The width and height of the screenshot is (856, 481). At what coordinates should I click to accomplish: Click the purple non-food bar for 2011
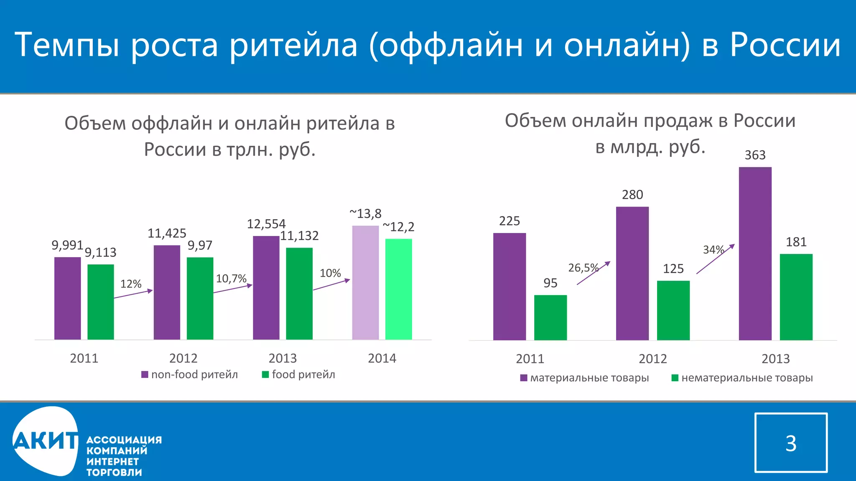[x=67, y=298]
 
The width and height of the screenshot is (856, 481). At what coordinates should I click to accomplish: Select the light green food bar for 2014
[x=398, y=289]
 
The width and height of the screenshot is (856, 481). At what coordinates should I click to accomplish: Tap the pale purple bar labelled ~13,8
[x=365, y=283]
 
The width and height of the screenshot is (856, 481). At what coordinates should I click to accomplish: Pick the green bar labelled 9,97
[x=200, y=298]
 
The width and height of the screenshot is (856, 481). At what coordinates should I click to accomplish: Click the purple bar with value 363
[x=755, y=253]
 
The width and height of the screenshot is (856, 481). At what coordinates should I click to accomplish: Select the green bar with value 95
[x=550, y=317]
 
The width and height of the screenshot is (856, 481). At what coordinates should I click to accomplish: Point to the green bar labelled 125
[x=673, y=310]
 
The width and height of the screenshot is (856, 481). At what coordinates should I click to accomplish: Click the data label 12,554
[x=266, y=224]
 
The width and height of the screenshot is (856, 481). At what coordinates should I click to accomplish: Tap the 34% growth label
[x=713, y=250]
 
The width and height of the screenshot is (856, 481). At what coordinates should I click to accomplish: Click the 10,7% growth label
[x=231, y=278]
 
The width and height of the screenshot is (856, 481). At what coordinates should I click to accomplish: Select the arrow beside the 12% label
[x=133, y=294]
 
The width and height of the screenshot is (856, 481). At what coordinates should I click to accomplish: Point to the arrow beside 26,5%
[x=594, y=273]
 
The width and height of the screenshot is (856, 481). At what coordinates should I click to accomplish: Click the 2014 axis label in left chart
[x=382, y=358]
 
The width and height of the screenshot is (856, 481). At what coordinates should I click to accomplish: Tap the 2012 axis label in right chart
[x=652, y=359]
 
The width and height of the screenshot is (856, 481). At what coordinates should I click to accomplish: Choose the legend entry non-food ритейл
[x=190, y=375]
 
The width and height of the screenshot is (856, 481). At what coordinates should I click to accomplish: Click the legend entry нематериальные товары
[x=742, y=378]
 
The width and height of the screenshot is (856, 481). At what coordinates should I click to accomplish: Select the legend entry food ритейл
[x=298, y=375]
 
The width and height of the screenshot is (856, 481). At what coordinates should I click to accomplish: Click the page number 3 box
[x=791, y=443]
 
